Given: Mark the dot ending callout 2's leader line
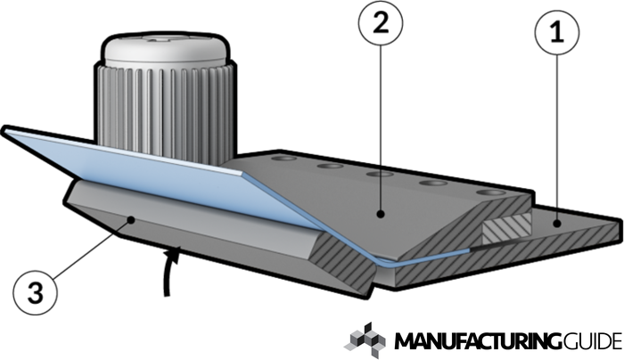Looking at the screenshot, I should pyautogui.click(x=379, y=214).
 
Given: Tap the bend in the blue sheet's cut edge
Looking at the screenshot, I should pyautogui.click(x=374, y=258).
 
